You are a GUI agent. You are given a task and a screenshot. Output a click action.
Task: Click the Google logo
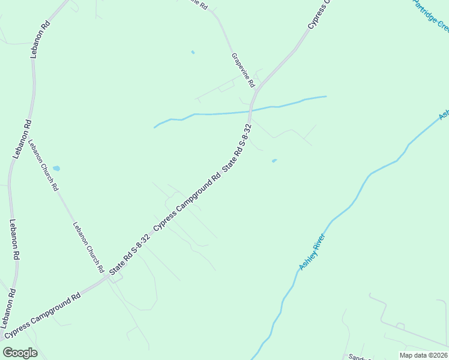tap(20, 352)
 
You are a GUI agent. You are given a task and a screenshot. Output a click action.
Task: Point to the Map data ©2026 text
tap(424, 355)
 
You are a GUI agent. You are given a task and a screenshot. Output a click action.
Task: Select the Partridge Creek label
tap(430, 16)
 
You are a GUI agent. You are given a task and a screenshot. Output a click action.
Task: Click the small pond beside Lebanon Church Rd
tap(56, 169)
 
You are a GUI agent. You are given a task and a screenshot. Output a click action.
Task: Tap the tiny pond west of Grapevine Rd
tap(193, 52)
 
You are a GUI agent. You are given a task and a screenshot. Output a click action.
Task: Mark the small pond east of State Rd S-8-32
tap(274, 161)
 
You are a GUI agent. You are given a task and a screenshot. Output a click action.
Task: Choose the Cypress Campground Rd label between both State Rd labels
tap(187, 203)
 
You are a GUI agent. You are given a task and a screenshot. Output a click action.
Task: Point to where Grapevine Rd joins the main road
tap(255, 91)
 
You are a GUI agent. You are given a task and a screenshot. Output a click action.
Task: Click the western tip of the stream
tap(155, 127)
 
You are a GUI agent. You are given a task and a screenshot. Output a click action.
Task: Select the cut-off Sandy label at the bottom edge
tap(359, 356)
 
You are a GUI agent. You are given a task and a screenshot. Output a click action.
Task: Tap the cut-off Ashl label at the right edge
tap(444, 114)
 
